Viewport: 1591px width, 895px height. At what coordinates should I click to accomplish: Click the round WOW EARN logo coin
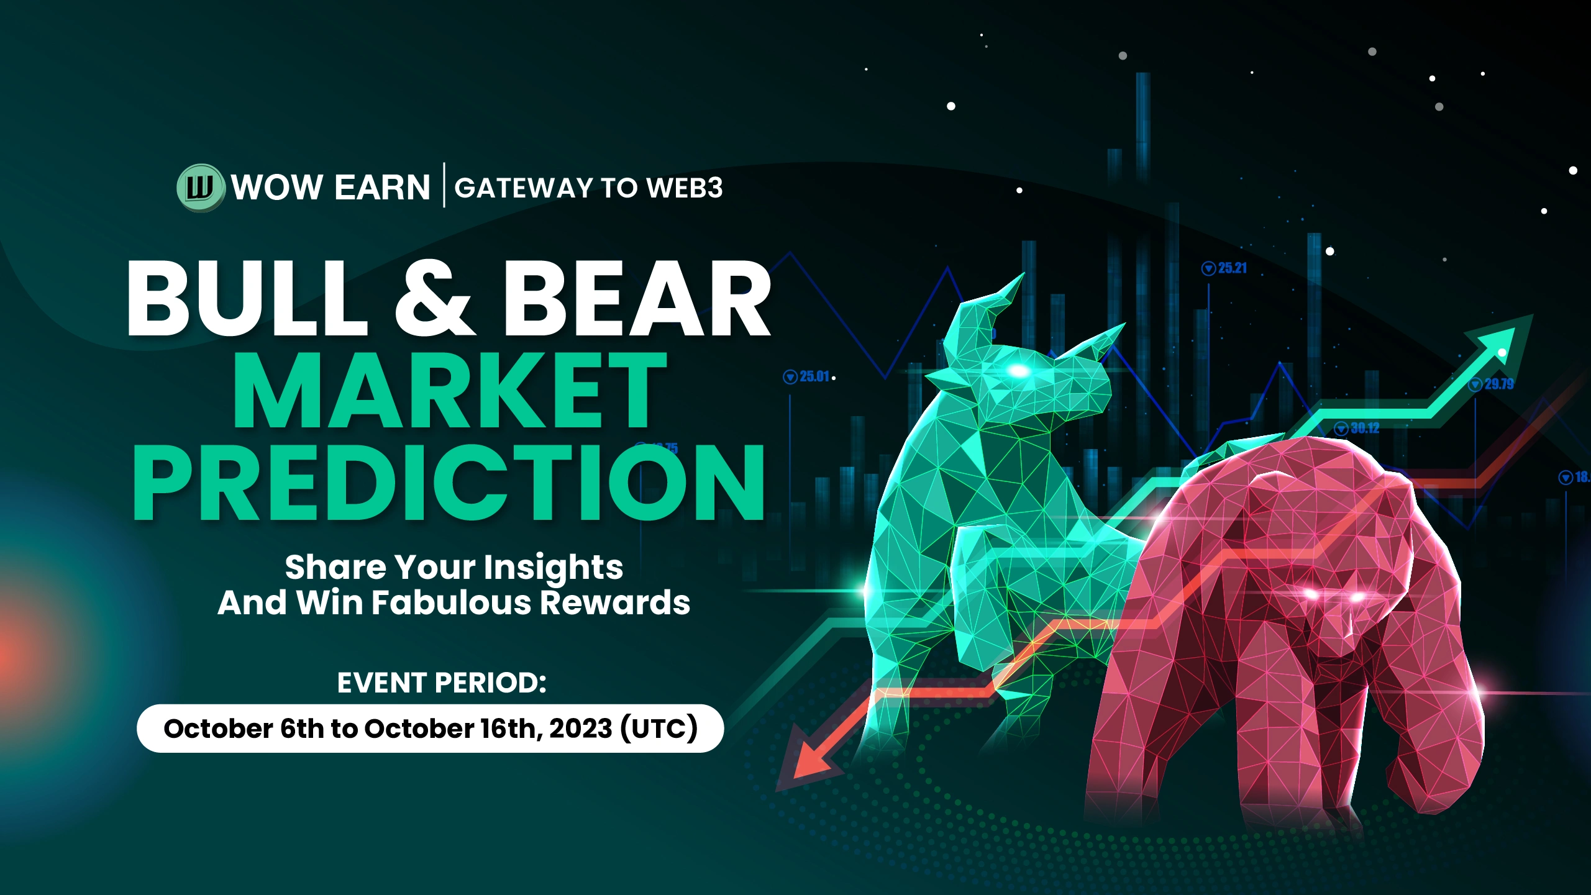coord(200,188)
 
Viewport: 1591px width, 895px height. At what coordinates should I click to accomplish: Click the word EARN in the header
coord(382,188)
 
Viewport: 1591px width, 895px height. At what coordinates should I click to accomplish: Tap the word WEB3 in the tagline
coord(685,188)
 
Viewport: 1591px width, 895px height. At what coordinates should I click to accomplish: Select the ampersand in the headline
coord(434,297)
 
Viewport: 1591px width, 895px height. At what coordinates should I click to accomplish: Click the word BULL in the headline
coord(247,298)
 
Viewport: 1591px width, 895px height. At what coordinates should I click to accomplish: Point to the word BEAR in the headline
coord(637,298)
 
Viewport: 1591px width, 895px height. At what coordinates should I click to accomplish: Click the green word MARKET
coord(450,389)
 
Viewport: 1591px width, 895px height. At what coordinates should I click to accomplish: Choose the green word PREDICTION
coord(449,482)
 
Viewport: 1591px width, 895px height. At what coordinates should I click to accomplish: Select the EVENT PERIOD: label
coord(442,683)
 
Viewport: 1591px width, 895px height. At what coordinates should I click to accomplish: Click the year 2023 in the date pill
coord(581,729)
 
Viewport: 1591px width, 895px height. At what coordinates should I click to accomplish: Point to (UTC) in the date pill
coord(659,729)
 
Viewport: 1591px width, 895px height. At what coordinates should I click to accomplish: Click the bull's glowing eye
coord(1018,371)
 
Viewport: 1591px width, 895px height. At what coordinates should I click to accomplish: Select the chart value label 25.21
coord(1224,268)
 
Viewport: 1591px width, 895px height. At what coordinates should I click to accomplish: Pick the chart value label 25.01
coord(807,376)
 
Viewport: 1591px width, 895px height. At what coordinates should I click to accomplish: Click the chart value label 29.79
coord(1491,384)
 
